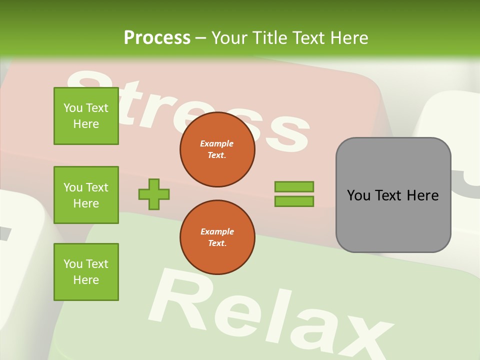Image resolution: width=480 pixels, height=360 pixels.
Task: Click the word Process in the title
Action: click(157, 38)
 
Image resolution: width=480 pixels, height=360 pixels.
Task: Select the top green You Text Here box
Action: click(86, 116)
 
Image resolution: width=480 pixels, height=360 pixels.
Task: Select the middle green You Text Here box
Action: click(86, 195)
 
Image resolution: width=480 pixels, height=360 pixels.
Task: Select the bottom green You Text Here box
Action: click(86, 272)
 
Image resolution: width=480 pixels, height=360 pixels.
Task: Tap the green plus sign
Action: click(154, 194)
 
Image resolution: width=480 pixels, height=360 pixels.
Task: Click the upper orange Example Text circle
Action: click(217, 149)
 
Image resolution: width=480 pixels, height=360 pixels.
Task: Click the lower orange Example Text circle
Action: click(217, 237)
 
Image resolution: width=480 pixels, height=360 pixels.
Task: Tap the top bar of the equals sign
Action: click(294, 186)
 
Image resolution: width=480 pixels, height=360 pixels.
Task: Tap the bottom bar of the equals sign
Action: click(294, 201)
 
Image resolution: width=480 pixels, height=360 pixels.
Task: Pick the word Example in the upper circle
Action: click(217, 144)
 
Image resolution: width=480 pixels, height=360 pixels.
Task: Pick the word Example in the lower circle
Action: click(217, 232)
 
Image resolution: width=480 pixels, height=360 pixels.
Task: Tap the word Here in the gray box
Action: click(422, 195)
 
